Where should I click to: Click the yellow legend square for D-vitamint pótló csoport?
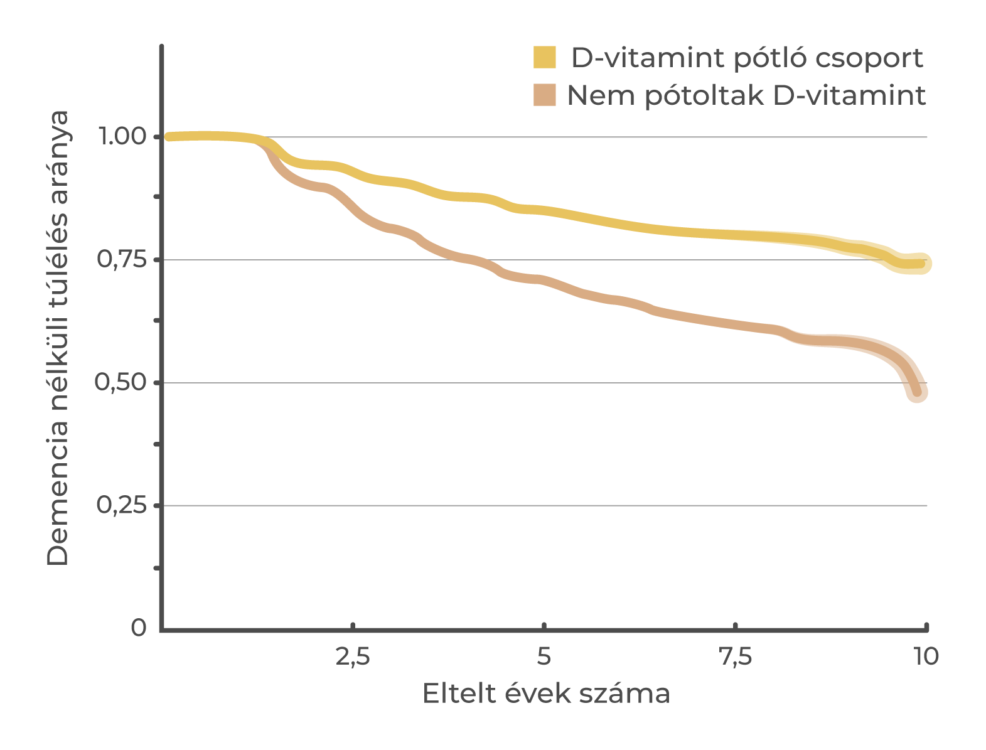544,57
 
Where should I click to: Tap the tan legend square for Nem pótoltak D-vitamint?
544,95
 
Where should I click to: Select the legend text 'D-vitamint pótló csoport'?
746,58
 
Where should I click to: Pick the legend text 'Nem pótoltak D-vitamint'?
746,96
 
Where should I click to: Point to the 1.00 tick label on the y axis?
123,136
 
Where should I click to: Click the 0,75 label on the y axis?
123,259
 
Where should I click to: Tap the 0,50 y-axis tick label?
123,382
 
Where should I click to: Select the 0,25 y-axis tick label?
123,505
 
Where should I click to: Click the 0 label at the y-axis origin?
138,628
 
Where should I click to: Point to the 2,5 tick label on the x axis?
353,656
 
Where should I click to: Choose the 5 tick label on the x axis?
544,656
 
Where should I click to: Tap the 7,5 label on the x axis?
735,656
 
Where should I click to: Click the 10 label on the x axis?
925,656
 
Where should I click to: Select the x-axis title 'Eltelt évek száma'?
546,693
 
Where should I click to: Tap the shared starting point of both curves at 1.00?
168,137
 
